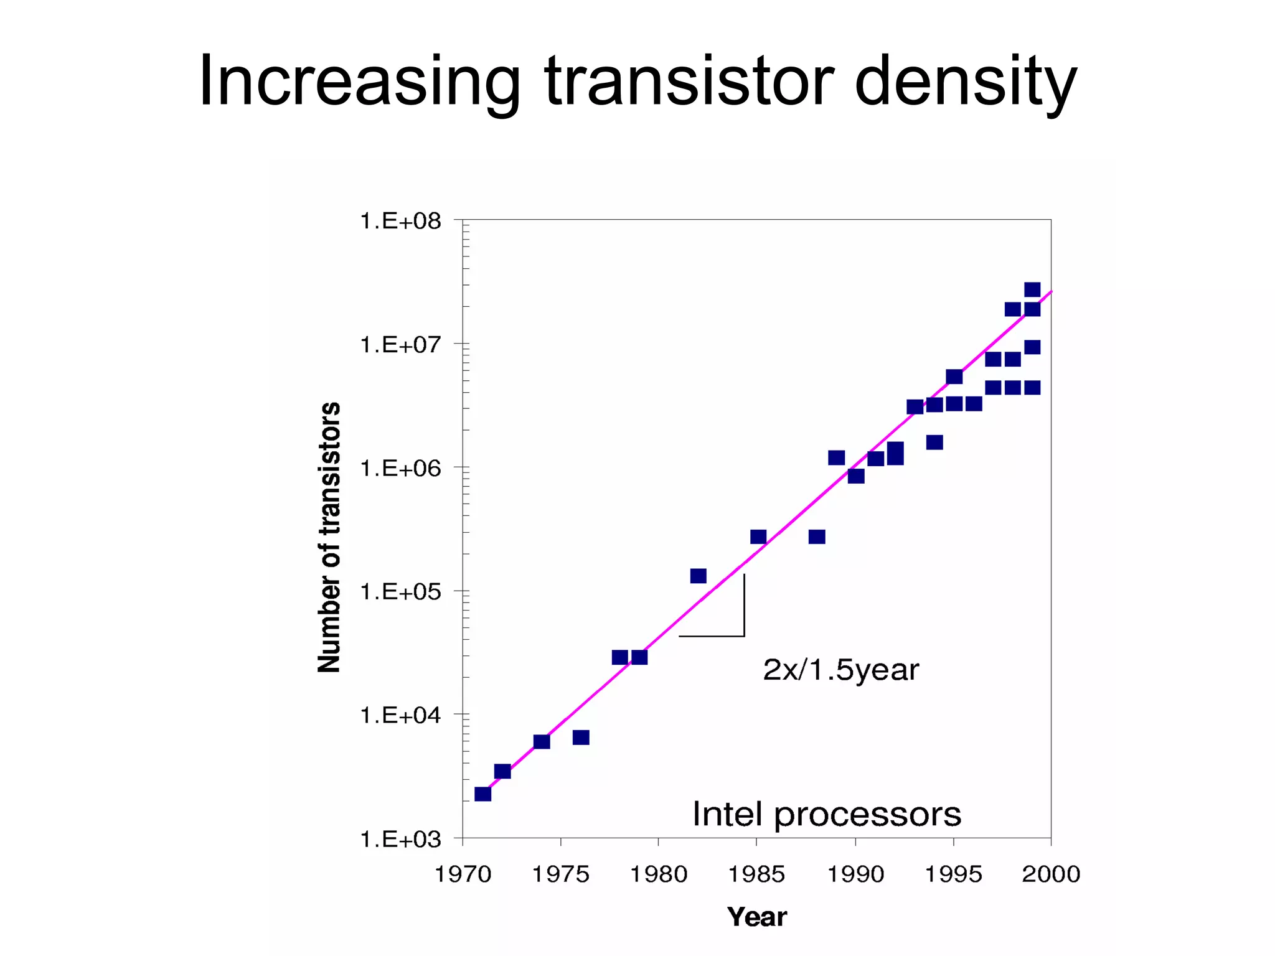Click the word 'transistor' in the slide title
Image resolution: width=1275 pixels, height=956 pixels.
click(689, 82)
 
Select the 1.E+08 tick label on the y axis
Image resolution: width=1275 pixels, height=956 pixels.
click(400, 221)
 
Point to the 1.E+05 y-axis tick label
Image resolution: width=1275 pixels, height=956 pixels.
click(400, 592)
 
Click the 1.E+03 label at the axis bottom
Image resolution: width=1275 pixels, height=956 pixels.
click(400, 840)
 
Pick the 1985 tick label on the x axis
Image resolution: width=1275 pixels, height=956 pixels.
click(756, 874)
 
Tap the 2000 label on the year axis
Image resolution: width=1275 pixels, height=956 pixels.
click(1051, 874)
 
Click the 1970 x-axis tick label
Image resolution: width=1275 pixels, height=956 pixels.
click(463, 874)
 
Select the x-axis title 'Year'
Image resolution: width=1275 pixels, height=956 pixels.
click(756, 917)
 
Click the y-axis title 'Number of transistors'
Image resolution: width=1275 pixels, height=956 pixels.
click(329, 537)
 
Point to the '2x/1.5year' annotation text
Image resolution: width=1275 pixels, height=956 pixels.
click(840, 670)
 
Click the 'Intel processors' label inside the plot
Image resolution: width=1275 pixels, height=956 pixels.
click(827, 814)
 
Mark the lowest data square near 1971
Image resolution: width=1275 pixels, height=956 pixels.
click(482, 794)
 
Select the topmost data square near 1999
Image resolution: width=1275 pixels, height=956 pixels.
click(1032, 289)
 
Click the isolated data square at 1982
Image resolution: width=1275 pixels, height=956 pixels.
click(699, 576)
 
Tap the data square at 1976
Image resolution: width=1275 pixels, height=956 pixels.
click(581, 738)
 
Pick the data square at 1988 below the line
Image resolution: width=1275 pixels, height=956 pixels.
click(817, 537)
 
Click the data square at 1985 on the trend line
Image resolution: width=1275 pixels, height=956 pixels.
click(758, 537)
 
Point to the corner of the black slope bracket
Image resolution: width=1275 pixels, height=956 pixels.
click(744, 635)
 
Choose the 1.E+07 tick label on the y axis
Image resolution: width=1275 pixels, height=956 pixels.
click(400, 345)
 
